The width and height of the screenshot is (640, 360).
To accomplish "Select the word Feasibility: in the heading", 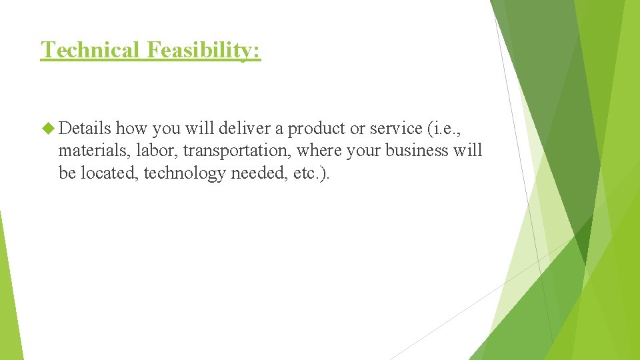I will coord(203,50).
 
